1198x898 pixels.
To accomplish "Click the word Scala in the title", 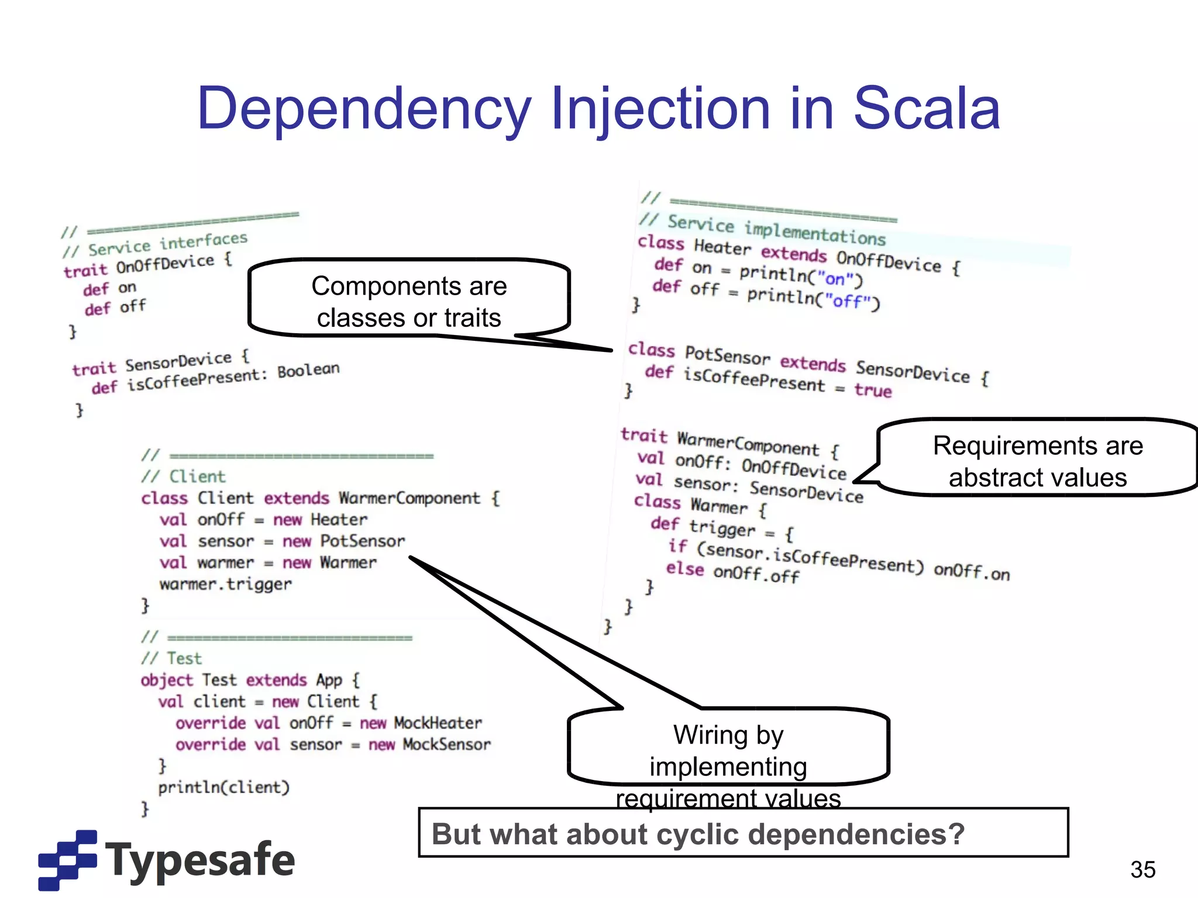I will (x=927, y=109).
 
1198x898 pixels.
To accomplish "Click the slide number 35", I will (x=1142, y=869).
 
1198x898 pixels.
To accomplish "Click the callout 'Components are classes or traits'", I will (x=409, y=301).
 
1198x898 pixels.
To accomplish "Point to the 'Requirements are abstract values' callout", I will (x=1037, y=461).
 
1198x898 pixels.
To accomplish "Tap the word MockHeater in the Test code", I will (x=438, y=723).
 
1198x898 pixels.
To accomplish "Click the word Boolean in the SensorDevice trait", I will (x=308, y=371).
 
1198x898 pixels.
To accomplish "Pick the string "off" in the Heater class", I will (x=848, y=301).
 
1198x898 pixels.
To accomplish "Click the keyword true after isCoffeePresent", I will (x=873, y=390).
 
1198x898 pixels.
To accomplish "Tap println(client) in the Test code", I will (x=224, y=788).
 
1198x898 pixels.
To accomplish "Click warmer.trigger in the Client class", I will (x=225, y=584).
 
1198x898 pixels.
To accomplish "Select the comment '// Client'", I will (x=183, y=476).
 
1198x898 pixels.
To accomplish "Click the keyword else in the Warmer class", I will (x=684, y=568).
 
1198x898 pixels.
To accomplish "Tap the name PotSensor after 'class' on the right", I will (x=728, y=355).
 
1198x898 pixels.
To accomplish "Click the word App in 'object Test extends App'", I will (x=329, y=680).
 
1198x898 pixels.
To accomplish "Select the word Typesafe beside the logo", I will (x=200, y=860).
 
